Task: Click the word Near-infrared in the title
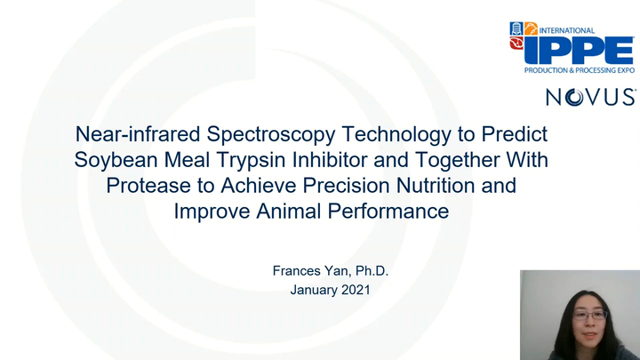[x=130, y=135]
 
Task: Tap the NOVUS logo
[x=589, y=97]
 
